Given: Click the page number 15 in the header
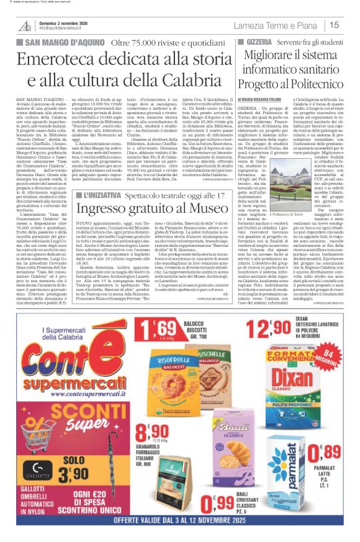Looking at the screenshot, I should [x=334, y=25].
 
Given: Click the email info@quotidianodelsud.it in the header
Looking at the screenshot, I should [x=65, y=29].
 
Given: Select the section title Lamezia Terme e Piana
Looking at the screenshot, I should [x=276, y=25].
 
